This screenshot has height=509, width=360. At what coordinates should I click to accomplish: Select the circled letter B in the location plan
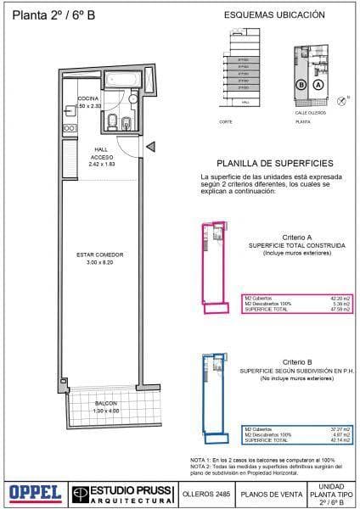pos(301,85)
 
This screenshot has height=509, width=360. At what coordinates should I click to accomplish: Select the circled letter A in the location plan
pos(318,85)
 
